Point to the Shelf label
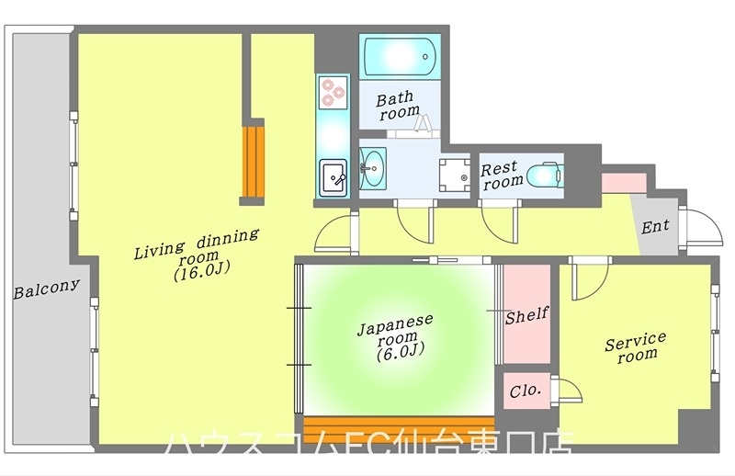tap(526, 315)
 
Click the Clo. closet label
tap(525, 390)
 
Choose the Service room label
tap(634, 346)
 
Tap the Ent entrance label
tap(655, 225)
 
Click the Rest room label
tap(501, 175)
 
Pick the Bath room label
tap(397, 104)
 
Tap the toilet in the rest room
tap(548, 175)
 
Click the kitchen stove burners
tap(331, 91)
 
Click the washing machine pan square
tap(453, 173)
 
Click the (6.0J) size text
tap(399, 352)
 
